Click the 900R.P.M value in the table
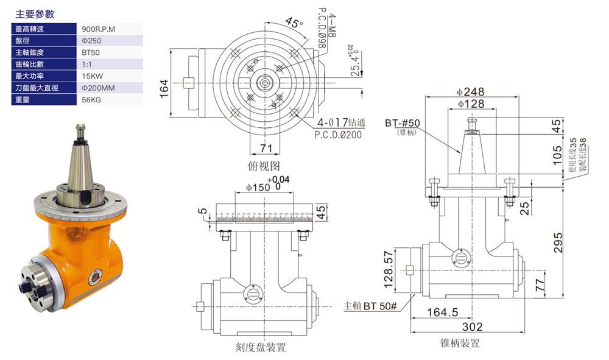click(97, 29)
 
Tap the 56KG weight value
click(91, 99)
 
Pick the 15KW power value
click(93, 76)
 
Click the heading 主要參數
click(35, 14)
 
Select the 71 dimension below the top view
click(266, 148)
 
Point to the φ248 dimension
click(470, 91)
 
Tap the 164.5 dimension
click(442, 312)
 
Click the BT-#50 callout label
click(403, 123)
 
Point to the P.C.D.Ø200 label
click(338, 135)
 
